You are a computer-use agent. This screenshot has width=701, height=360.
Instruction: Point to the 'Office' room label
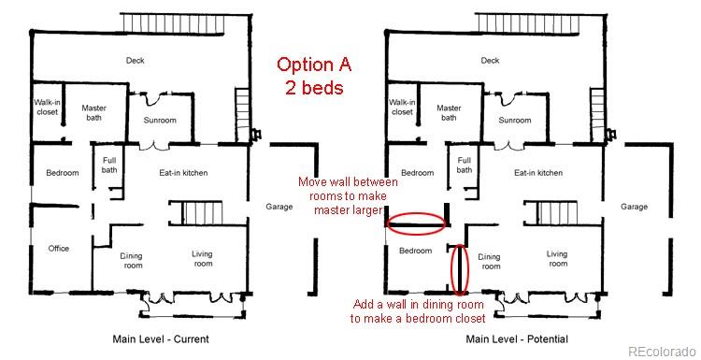(59, 249)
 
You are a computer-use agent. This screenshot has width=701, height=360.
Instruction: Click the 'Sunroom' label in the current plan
(160, 121)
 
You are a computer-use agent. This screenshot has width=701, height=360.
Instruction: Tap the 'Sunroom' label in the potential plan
(514, 121)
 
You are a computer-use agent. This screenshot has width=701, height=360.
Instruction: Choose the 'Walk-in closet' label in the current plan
(48, 107)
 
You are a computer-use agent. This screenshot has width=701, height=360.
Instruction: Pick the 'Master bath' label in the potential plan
(449, 113)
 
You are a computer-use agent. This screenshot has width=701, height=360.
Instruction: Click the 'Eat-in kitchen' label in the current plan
(183, 173)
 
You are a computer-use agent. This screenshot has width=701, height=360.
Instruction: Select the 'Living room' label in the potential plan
(557, 259)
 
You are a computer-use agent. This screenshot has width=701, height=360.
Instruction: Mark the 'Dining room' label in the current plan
(132, 260)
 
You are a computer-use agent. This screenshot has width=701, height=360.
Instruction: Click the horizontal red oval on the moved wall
(416, 223)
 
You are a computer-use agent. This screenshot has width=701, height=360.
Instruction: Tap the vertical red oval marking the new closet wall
(459, 268)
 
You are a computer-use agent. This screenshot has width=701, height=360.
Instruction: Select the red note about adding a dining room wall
(411, 311)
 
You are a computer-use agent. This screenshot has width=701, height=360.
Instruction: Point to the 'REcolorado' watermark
(662, 351)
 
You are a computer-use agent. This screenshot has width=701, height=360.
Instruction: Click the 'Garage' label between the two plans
(279, 207)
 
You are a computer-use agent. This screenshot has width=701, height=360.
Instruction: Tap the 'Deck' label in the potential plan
(490, 61)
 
